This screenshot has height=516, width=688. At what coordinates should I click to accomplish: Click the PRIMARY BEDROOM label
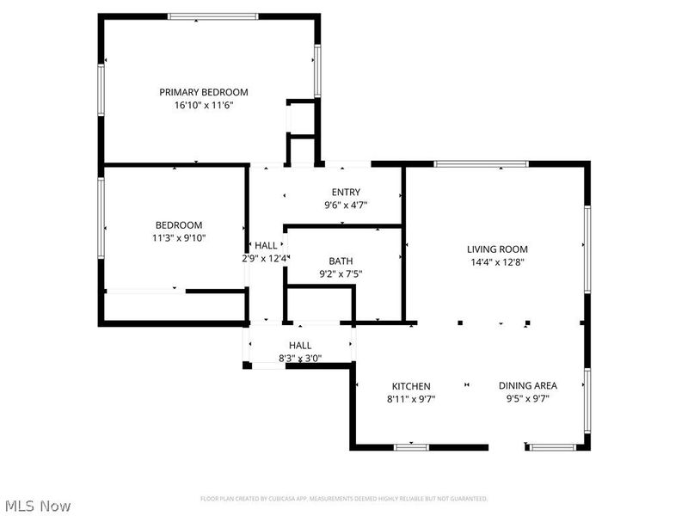[204, 92]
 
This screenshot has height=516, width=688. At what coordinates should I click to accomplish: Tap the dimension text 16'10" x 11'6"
[204, 105]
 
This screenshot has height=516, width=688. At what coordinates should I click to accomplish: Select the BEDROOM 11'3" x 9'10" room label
[179, 225]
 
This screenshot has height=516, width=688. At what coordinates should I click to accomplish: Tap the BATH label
[341, 261]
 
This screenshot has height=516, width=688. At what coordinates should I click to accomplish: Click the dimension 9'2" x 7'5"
[341, 274]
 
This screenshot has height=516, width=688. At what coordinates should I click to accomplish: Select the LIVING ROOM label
[499, 249]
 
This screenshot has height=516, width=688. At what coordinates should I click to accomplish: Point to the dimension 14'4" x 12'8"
[499, 262]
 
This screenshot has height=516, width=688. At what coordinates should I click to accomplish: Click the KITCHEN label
[411, 386]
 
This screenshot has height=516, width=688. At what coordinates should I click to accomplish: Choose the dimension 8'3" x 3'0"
[300, 359]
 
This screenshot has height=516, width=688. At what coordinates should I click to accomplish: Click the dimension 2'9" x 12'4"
[265, 258]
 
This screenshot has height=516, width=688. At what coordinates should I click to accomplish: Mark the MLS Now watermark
[37, 506]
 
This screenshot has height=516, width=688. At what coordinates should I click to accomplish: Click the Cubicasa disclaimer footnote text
[344, 498]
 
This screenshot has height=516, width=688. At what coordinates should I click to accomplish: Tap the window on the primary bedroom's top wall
[212, 16]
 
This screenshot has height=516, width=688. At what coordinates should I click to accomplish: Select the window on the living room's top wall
[481, 163]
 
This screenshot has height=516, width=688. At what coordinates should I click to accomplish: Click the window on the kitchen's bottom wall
[411, 446]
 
